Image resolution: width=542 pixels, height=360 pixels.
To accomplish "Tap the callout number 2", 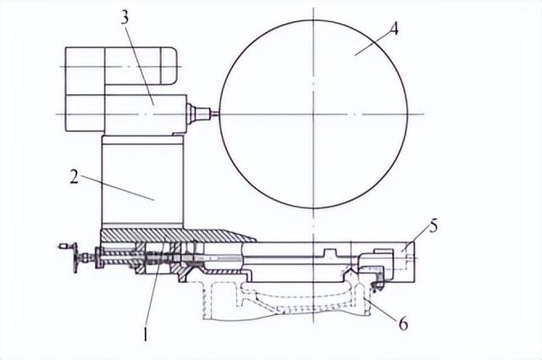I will click(x=74, y=177).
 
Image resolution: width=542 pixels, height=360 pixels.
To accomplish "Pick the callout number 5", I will click(x=434, y=226).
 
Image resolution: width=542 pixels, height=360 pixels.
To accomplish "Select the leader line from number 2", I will click(x=119, y=188).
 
